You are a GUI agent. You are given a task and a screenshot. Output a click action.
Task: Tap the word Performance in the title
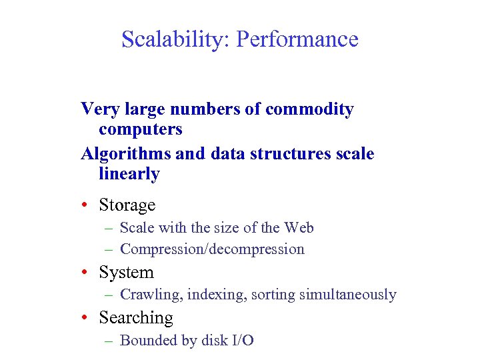pyautogui.click(x=297, y=40)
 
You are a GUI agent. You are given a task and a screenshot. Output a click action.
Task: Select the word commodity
pyautogui.click(x=309, y=109)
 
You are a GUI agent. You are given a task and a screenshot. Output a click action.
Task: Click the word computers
pyautogui.click(x=140, y=128)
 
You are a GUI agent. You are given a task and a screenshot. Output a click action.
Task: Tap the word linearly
pyautogui.click(x=129, y=174)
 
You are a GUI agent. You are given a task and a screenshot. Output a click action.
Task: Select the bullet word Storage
pyautogui.click(x=127, y=205)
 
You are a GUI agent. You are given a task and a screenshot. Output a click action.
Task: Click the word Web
pyautogui.click(x=299, y=228)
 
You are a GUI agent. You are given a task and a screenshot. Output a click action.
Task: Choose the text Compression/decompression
pyautogui.click(x=212, y=249)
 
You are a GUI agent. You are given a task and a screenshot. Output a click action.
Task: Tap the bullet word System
pyautogui.click(x=126, y=273)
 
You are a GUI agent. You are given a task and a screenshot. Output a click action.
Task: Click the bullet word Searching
pyautogui.click(x=135, y=318)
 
